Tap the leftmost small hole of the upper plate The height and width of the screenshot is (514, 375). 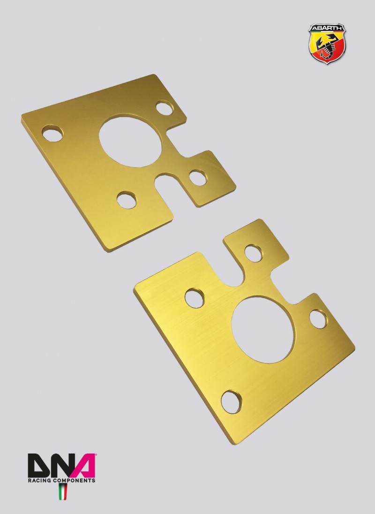coord(52,133)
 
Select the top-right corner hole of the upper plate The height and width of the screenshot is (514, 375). coord(165,108)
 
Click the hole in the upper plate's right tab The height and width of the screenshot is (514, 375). coord(198,178)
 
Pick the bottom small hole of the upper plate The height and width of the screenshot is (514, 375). coord(127,200)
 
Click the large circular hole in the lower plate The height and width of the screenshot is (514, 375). coord(263,330)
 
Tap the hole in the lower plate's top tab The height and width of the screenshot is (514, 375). coord(253,253)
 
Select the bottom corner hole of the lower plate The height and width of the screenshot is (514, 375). coord(231,401)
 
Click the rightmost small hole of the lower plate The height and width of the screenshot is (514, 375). coord(318,319)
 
